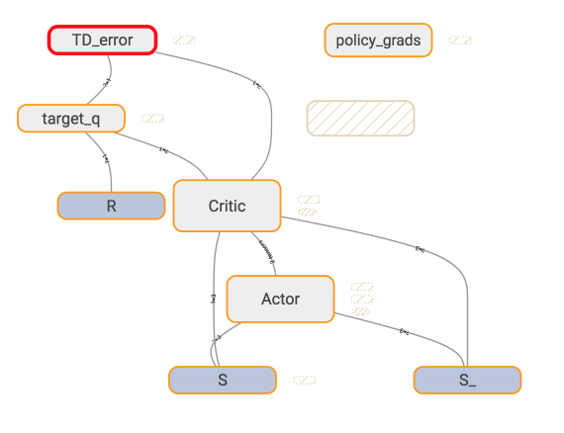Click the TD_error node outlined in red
[102, 40]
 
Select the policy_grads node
[378, 41]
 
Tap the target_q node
[71, 119]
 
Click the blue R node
[111, 206]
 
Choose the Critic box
[227, 206]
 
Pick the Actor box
[280, 299]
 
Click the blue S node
[223, 380]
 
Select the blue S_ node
[467, 380]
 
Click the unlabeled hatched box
[360, 118]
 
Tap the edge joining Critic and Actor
[268, 254]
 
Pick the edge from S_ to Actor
[404, 331]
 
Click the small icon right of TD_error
[183, 41]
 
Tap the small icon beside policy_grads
[459, 41]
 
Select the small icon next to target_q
[152, 119]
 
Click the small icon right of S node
[305, 380]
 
